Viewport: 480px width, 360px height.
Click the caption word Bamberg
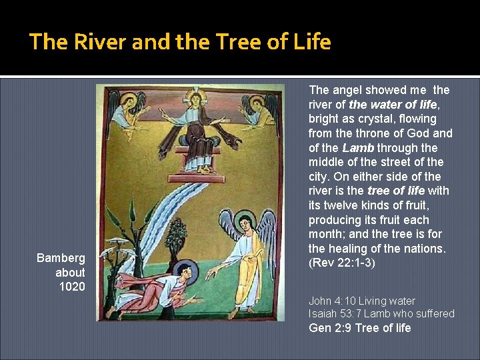click(61, 258)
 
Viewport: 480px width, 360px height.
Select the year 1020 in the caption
click(72, 287)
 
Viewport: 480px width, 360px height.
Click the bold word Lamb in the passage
click(358, 147)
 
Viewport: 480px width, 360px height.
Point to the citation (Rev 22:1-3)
click(342, 263)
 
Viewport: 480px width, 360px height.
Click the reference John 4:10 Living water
click(362, 301)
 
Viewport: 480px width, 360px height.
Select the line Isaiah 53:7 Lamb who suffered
click(381, 313)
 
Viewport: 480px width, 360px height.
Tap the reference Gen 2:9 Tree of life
click(360, 328)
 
